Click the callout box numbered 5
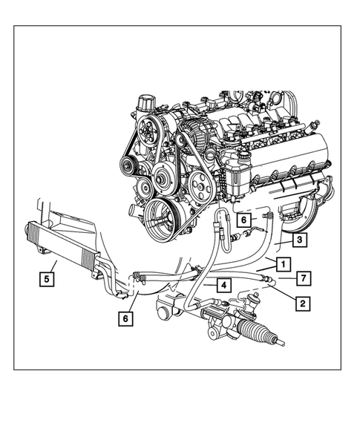(46, 280)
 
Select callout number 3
(298, 240)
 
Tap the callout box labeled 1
(283, 263)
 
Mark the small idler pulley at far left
(130, 160)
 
